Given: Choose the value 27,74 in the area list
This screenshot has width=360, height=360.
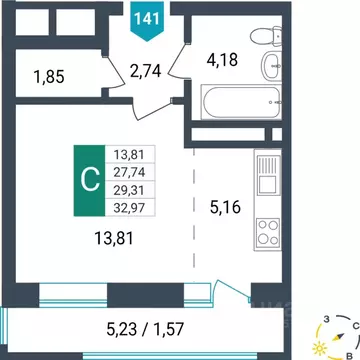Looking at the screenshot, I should click(130, 171).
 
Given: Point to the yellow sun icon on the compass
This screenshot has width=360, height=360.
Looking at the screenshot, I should click(321, 347).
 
